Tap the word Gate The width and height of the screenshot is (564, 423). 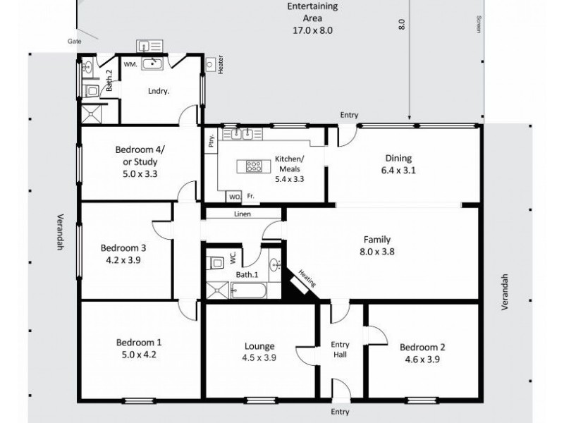(74, 42)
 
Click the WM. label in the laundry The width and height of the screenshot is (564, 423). (130, 64)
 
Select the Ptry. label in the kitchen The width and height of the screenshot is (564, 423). (210, 141)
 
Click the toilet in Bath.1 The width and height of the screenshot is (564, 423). (217, 262)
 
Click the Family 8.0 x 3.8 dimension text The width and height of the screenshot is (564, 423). (377, 252)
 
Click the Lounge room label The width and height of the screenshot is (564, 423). (259, 345)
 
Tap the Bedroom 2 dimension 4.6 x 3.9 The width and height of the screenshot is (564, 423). (422, 359)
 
